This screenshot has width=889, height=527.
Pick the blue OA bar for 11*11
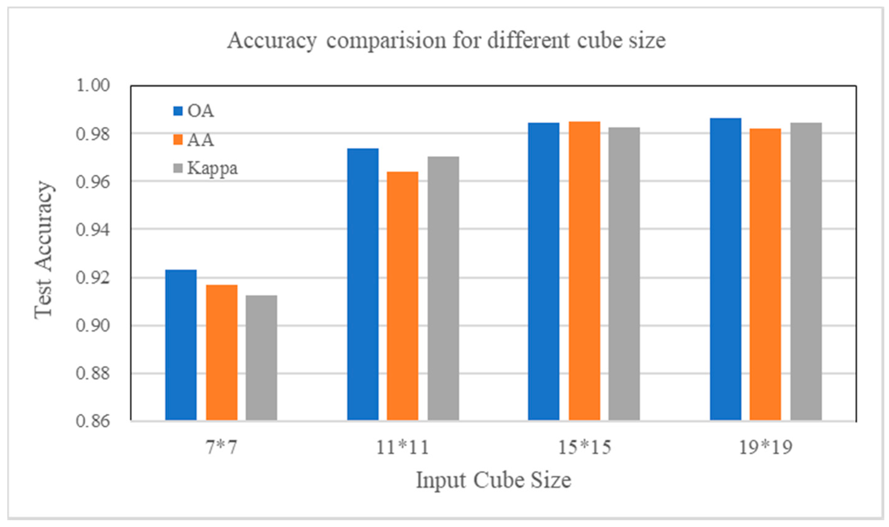click(x=363, y=284)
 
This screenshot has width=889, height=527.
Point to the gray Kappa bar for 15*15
click(x=624, y=274)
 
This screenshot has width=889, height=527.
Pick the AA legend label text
click(x=201, y=140)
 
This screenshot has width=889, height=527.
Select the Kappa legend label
click(x=212, y=168)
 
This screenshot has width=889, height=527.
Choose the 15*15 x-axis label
click(x=585, y=447)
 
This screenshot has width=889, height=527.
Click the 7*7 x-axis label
click(x=221, y=447)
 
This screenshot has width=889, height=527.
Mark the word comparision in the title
click(x=386, y=41)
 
